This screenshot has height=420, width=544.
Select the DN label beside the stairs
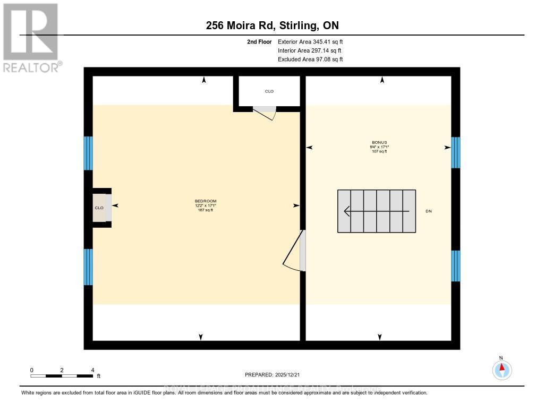pos(429,211)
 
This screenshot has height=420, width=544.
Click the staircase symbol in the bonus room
pos(377,211)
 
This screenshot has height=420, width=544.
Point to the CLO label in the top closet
pos(269,91)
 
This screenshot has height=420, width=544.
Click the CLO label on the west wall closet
pos(99,208)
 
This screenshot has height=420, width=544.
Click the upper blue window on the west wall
pos(88,153)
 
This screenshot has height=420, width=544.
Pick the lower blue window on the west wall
pos(88,267)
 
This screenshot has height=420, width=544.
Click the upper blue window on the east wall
pos(455,152)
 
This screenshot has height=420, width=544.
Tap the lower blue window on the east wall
pos(455,265)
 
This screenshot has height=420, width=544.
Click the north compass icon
pos(501,369)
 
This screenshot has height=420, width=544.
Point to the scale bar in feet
pos(62,375)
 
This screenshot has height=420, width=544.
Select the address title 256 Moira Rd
pos(272,25)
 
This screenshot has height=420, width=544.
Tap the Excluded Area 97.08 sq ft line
pos(310,59)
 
